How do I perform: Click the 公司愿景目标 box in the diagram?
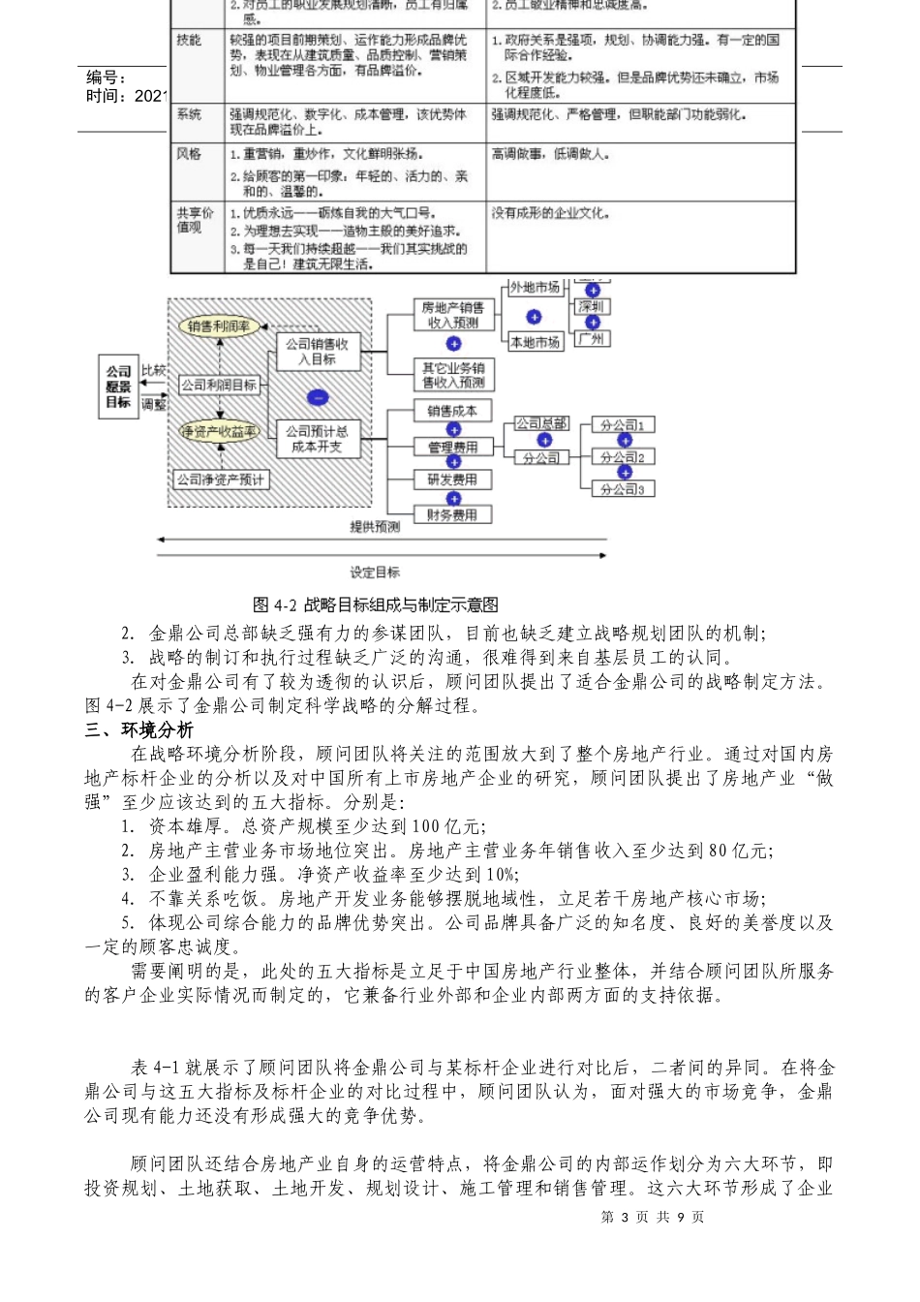pyautogui.click(x=118, y=387)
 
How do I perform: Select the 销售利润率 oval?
pyautogui.click(x=220, y=326)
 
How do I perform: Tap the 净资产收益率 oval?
pyautogui.click(x=220, y=432)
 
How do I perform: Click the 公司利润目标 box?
pyautogui.click(x=219, y=385)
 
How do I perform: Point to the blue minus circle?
pyautogui.click(x=317, y=397)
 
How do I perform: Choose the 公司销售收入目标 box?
pyautogui.click(x=317, y=351)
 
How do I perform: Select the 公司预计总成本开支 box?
pyautogui.click(x=317, y=439)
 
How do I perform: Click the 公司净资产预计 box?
pyautogui.click(x=220, y=480)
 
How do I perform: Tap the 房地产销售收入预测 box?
pyautogui.click(x=452, y=315)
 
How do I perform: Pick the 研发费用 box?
pyautogui.click(x=452, y=480)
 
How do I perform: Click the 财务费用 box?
pyautogui.click(x=452, y=515)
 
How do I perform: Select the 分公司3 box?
pyautogui.click(x=623, y=489)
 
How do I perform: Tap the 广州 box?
pyautogui.click(x=591, y=339)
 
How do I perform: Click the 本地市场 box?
pyautogui.click(x=535, y=342)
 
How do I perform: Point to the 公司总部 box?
pyautogui.click(x=541, y=423)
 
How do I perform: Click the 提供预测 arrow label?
pyautogui.click(x=375, y=527)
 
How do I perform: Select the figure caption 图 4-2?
pyautogui.click(x=375, y=604)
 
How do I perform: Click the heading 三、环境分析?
pyautogui.click(x=138, y=729)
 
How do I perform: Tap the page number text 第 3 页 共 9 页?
pyautogui.click(x=653, y=1217)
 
